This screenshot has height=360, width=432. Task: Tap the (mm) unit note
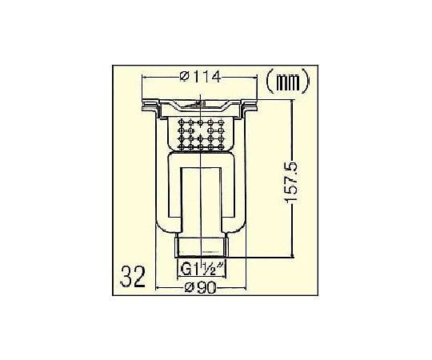tap(288, 81)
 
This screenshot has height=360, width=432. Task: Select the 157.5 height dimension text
tap(291, 183)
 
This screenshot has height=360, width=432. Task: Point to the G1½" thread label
tap(201, 269)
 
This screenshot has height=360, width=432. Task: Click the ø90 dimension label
tap(200, 288)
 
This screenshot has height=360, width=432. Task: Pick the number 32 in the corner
tap(133, 277)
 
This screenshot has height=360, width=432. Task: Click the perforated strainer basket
tap(201, 134)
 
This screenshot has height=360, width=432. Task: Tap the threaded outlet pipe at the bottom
tap(201, 245)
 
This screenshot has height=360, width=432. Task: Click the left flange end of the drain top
tap(150, 106)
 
